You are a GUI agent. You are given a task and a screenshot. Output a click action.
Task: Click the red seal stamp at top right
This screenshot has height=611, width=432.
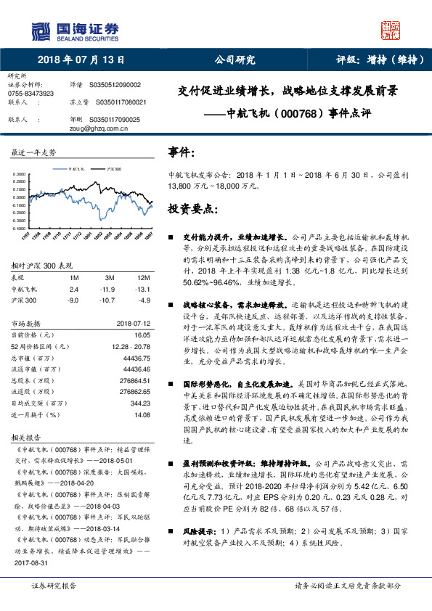click(391, 30)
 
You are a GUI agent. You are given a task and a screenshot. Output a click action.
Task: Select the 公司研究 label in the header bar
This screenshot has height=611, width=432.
click(235, 60)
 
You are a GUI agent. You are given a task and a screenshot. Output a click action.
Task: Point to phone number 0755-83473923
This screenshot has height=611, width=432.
click(30, 94)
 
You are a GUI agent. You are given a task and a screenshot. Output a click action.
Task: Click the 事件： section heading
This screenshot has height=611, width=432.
click(182, 152)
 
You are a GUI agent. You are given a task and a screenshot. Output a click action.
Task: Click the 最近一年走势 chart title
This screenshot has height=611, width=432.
click(33, 152)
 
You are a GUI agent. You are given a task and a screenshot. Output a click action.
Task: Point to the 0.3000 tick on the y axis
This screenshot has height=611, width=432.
click(20, 175)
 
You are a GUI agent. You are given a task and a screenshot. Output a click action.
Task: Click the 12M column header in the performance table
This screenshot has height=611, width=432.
click(143, 278)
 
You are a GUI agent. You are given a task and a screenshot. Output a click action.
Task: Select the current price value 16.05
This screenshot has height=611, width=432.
click(142, 335)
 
